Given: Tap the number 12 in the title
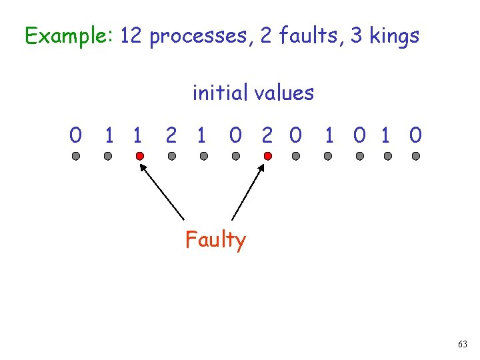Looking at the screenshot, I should click(x=132, y=35).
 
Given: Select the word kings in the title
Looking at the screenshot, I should click(x=392, y=35).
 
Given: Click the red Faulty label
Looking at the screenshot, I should click(x=215, y=239).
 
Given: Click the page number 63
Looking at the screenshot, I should click(x=463, y=345).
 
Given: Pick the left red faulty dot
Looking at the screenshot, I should click(x=139, y=156).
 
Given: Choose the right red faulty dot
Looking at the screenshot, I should click(x=267, y=156).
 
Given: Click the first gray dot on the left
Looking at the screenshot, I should click(x=76, y=156).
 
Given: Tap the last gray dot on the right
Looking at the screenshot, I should click(x=416, y=156).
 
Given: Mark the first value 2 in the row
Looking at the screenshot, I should click(x=171, y=136).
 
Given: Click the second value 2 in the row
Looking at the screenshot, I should click(x=267, y=136).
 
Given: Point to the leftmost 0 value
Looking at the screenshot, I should click(x=76, y=136).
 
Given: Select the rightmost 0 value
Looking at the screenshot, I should click(x=416, y=136).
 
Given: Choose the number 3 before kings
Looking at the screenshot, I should click(x=357, y=35).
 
